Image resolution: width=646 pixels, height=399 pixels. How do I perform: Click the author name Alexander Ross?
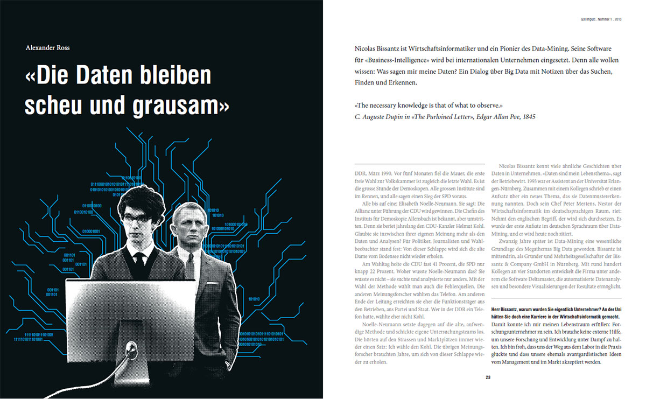[x=48, y=47]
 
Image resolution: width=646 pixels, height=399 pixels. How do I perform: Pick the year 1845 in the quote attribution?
[x=528, y=116]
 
